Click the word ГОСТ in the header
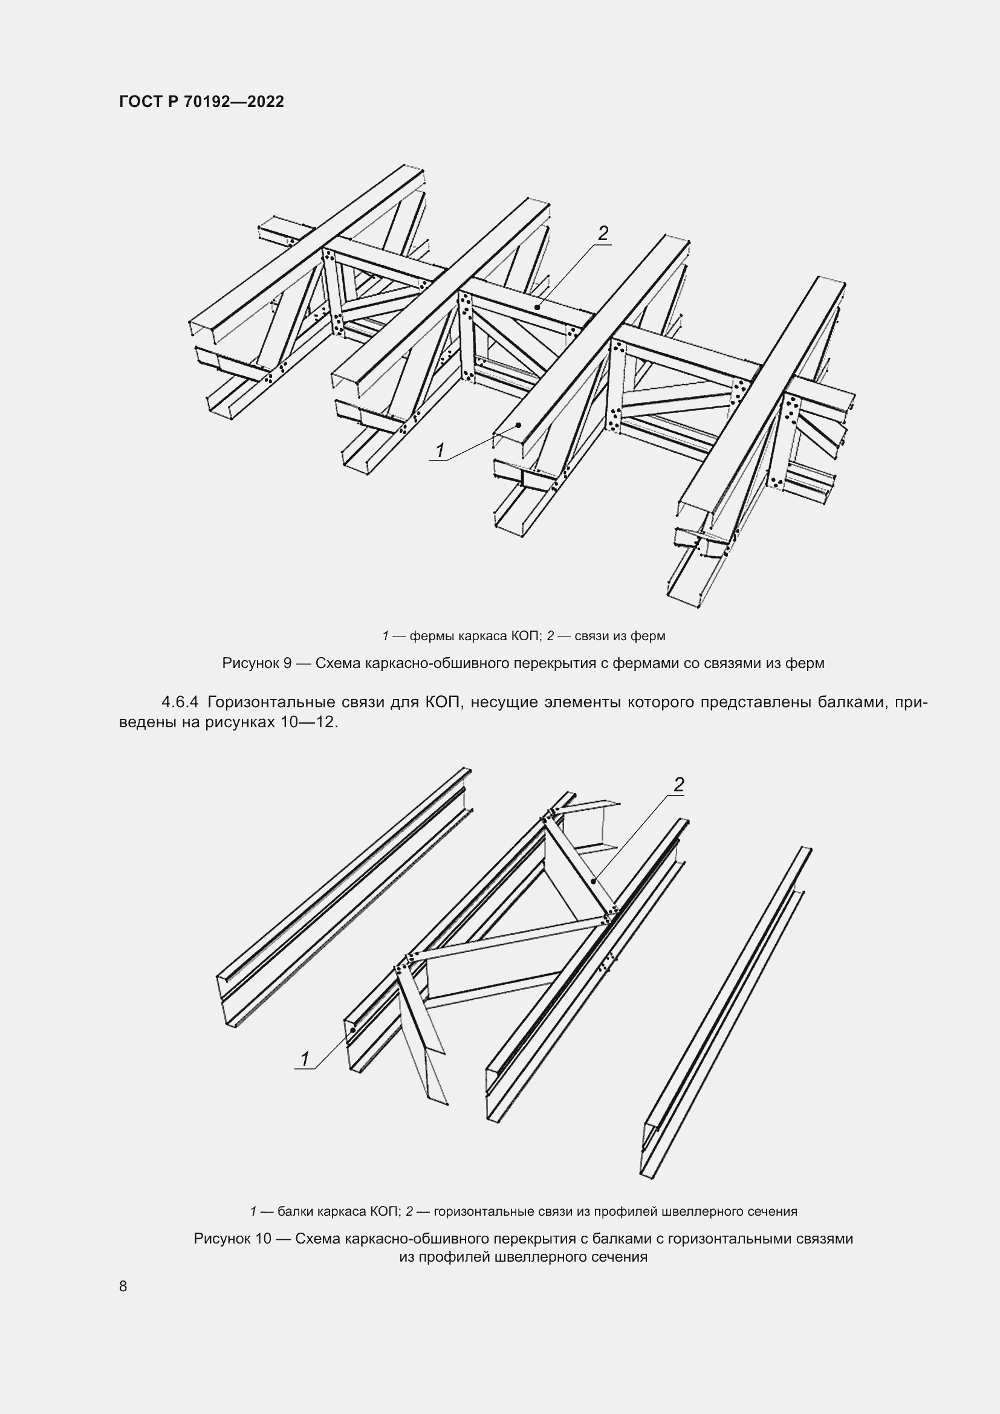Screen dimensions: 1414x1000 pyautogui.click(x=140, y=102)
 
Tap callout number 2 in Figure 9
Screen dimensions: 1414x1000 pyautogui.click(x=603, y=233)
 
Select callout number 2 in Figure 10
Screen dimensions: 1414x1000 pyautogui.click(x=678, y=785)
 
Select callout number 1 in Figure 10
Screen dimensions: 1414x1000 pyautogui.click(x=304, y=1059)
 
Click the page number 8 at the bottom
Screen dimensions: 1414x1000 pyautogui.click(x=123, y=1286)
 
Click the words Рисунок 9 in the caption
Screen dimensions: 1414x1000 pyautogui.click(x=256, y=663)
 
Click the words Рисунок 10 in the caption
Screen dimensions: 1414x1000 pyautogui.click(x=232, y=1239)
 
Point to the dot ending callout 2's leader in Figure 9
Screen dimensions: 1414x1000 pyautogui.click(x=537, y=306)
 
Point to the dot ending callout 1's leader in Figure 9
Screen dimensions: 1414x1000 pyautogui.click(x=519, y=425)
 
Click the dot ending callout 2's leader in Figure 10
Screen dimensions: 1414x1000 pyautogui.click(x=593, y=881)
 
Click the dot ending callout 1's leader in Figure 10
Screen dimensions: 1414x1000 pyautogui.click(x=353, y=1030)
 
